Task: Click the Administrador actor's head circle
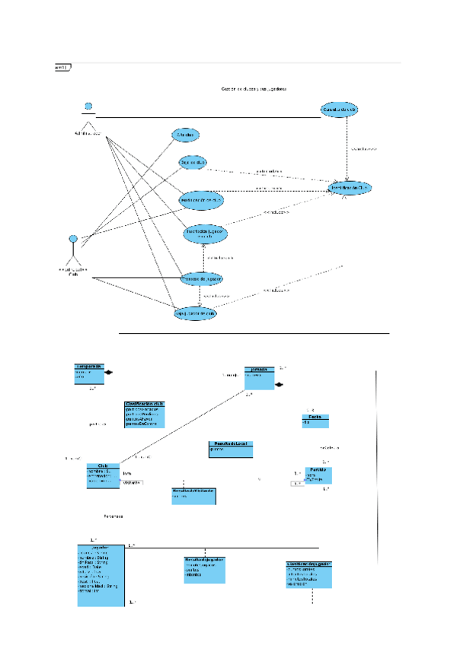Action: [x=88, y=106]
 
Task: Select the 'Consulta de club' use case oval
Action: [x=339, y=110]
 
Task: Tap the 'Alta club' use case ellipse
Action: [x=186, y=135]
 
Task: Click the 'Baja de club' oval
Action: [x=193, y=162]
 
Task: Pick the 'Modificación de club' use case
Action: [x=201, y=199]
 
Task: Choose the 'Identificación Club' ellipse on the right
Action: [x=350, y=186]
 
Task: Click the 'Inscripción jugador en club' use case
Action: [x=205, y=234]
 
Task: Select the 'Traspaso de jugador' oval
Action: [x=201, y=280]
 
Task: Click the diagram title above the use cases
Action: [x=254, y=88]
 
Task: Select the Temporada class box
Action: [x=88, y=372]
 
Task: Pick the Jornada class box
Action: [x=259, y=376]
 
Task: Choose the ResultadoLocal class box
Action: [x=229, y=449]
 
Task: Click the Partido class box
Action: [x=318, y=475]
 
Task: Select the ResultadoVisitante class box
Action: [x=193, y=496]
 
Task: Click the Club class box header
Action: [x=103, y=465]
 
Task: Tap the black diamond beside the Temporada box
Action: [x=109, y=372]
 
